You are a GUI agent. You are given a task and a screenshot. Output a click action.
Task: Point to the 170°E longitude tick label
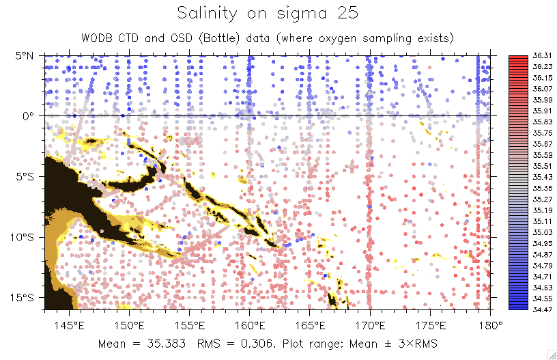(x=370, y=324)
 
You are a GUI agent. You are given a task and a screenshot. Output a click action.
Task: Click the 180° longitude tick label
(x=491, y=324)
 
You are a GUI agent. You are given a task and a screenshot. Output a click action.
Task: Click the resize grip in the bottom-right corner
(x=552, y=354)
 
